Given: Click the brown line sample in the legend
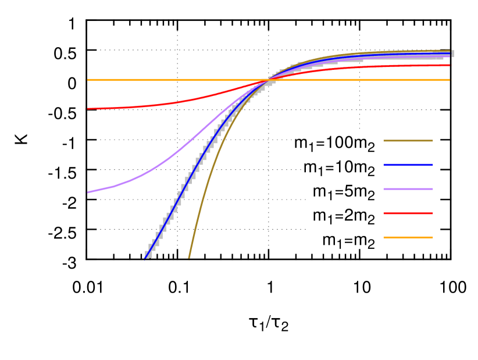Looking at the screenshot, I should pyautogui.click(x=408, y=141).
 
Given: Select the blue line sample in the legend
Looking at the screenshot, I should pyautogui.click(x=408, y=165).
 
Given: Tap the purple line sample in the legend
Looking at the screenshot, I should pyautogui.click(x=408, y=189).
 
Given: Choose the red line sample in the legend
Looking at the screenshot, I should pyautogui.click(x=408, y=213).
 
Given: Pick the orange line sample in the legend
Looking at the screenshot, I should pyautogui.click(x=408, y=237).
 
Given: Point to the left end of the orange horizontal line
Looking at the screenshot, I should pyautogui.click(x=88, y=80).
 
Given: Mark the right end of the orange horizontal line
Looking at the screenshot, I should pyautogui.click(x=450, y=80).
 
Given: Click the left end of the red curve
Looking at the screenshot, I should pyautogui.click(x=88, y=109).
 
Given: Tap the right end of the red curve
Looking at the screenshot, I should pyautogui.click(x=450, y=65).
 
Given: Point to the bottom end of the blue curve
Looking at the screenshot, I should pyautogui.click(x=145, y=258).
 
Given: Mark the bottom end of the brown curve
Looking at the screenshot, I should pyautogui.click(x=188, y=258).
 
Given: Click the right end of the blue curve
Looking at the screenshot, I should pyautogui.click(x=450, y=54).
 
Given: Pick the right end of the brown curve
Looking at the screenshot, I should pyautogui.click(x=450, y=51).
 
